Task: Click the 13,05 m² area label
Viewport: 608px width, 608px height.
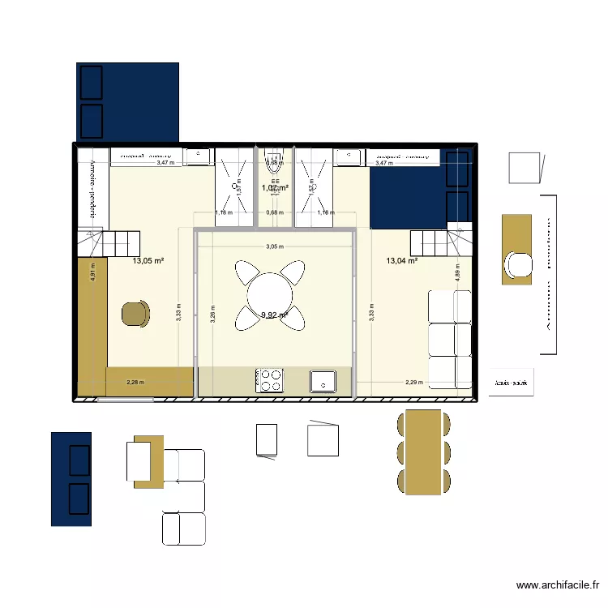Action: (x=148, y=261)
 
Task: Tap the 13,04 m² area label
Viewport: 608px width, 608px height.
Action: (x=402, y=261)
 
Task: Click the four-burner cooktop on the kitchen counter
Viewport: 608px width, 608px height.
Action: (x=270, y=380)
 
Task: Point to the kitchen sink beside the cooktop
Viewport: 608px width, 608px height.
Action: (x=323, y=379)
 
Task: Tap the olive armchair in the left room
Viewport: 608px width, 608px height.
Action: (x=136, y=314)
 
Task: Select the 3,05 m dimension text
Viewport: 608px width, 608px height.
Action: (x=275, y=247)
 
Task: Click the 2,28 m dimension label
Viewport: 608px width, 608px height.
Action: (x=135, y=382)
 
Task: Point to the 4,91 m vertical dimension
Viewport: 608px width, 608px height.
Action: (x=93, y=271)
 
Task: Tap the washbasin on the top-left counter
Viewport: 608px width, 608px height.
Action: (x=198, y=156)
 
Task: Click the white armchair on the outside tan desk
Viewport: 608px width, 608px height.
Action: (x=516, y=264)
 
